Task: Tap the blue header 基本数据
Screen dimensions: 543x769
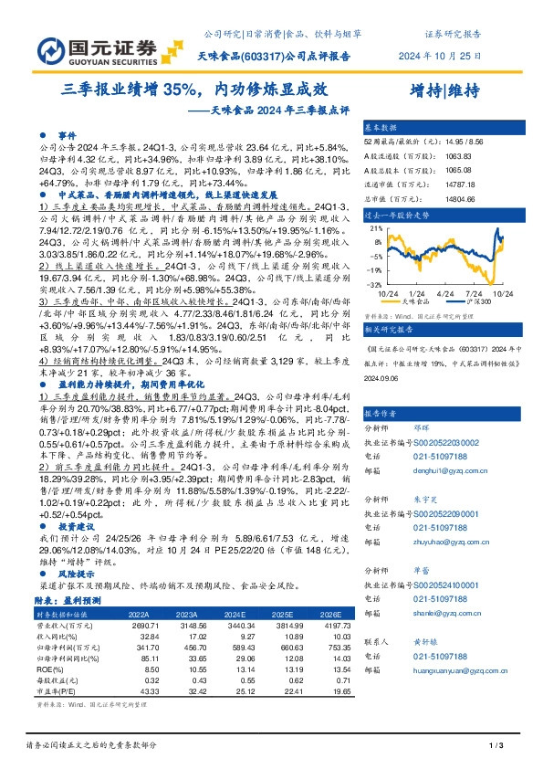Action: pyautogui.click(x=381, y=128)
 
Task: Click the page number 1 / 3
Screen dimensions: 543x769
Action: pyautogui.click(x=496, y=747)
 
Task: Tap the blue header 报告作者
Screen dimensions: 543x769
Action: pyautogui.click(x=381, y=387)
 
